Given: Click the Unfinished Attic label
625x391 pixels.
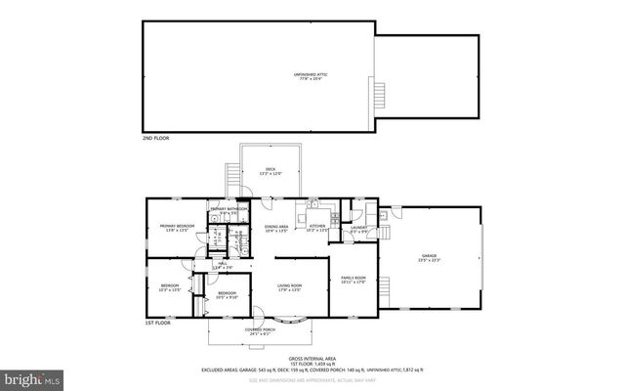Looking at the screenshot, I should tap(312, 76).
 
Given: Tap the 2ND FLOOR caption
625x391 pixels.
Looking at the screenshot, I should tap(155, 140).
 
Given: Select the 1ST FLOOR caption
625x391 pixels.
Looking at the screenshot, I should tap(155, 323).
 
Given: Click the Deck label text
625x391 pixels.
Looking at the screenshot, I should tap(271, 171).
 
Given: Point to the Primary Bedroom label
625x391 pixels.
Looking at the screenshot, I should tap(178, 228).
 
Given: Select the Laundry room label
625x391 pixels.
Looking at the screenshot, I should tap(359, 229).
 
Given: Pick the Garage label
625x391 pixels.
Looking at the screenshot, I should tap(430, 258).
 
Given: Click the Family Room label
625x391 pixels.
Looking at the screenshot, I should tap(353, 280).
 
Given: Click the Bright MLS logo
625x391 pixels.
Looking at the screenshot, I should tap(32, 377).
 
